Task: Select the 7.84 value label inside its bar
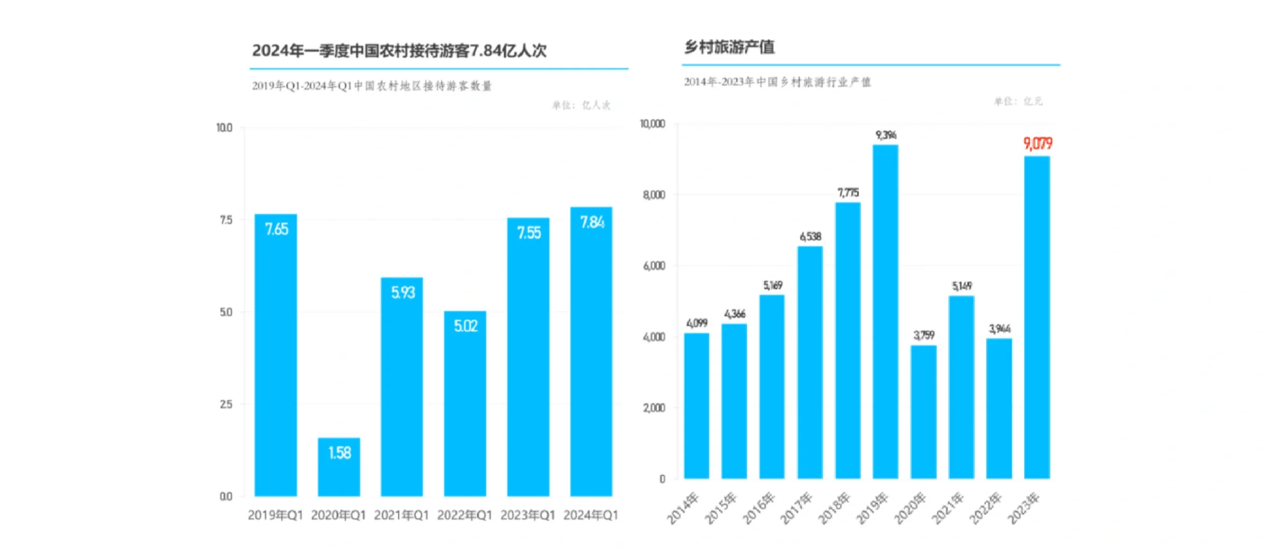(x=592, y=222)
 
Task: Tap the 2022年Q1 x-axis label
(x=464, y=515)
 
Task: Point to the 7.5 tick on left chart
(x=225, y=220)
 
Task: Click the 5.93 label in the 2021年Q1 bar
(x=402, y=292)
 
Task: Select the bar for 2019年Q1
(x=276, y=358)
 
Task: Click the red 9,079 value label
(x=1037, y=144)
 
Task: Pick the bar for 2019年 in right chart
(x=885, y=312)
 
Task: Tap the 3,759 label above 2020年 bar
(x=923, y=335)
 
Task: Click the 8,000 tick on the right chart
(x=654, y=195)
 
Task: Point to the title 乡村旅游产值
(x=729, y=48)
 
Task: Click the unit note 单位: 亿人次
(x=581, y=105)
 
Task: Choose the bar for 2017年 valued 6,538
(x=809, y=363)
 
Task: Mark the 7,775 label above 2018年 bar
(x=848, y=193)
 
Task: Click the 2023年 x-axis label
(x=1024, y=508)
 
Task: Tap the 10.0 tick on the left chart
(x=224, y=128)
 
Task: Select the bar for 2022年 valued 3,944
(x=999, y=409)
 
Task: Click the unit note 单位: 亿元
(x=1017, y=101)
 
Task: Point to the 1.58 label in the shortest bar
(x=339, y=453)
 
